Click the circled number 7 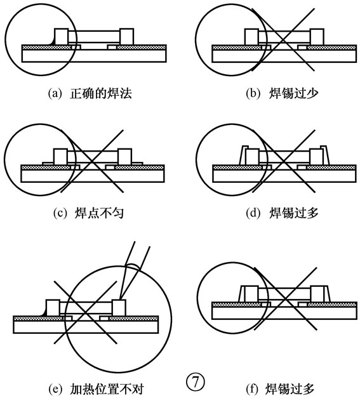click(195, 382)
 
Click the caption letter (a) click(55, 94)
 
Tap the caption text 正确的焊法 click(101, 94)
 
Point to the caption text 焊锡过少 click(293, 94)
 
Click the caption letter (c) click(60, 213)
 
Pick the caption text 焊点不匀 click(99, 213)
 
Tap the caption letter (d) click(253, 213)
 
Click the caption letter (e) click(55, 388)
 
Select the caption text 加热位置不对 click(107, 388)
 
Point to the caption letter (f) click(252, 388)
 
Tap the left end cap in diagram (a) click(62, 37)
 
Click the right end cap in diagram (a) click(127, 37)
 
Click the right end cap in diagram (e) click(119, 308)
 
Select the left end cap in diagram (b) click(251, 37)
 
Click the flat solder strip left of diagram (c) click(48, 163)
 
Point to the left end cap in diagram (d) click(253, 157)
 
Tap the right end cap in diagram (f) click(317, 294)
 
